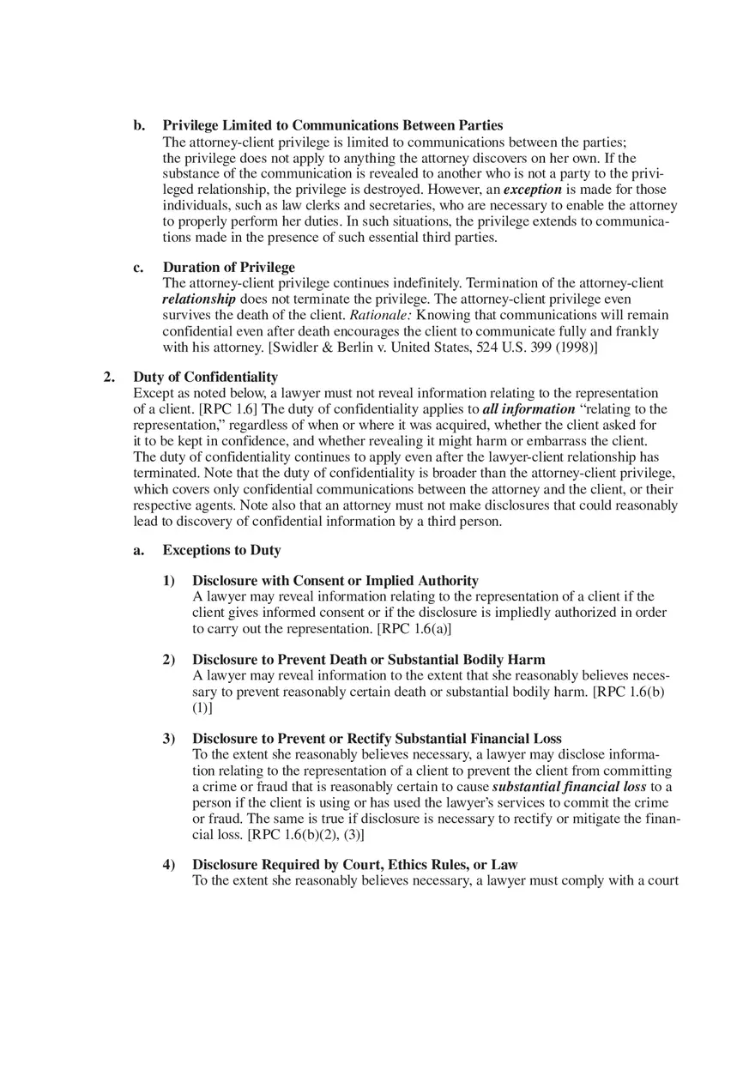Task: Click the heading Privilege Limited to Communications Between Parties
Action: [333, 125]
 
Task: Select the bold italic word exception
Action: [532, 189]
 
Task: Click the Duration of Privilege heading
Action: [228, 267]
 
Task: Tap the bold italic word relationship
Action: [199, 299]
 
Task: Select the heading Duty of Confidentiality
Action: [205, 377]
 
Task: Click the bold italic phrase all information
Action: [528, 408]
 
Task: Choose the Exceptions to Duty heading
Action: [221, 550]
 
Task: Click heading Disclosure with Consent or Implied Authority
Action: [335, 581]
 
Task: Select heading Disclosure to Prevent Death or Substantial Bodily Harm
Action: [368, 660]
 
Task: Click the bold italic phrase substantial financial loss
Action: [569, 786]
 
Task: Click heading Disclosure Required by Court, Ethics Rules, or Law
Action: [354, 864]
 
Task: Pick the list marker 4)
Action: [169, 864]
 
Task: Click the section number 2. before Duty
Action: [108, 377]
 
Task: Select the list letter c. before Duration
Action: [138, 267]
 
